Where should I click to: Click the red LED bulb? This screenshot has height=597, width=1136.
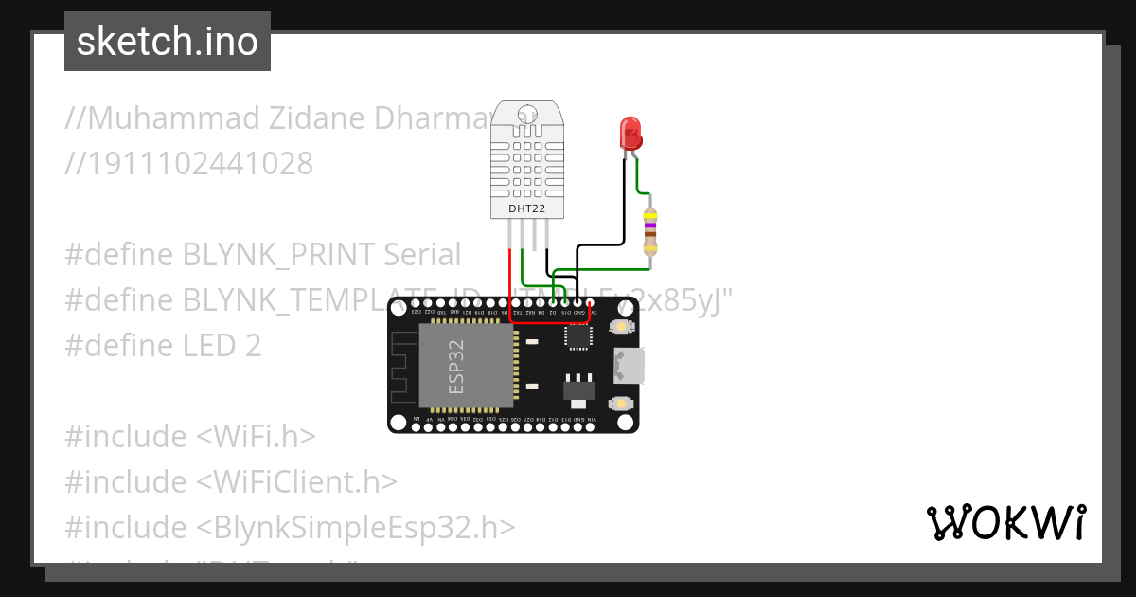click(630, 133)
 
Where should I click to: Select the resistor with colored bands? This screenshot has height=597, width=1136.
click(649, 230)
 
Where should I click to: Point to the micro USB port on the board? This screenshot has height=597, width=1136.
click(628, 366)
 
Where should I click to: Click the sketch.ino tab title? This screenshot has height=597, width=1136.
click(168, 42)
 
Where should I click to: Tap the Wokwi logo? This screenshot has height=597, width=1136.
click(1005, 522)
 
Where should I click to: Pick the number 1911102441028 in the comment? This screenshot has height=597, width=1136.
click(199, 164)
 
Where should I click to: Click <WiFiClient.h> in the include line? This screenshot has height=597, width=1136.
click(296, 482)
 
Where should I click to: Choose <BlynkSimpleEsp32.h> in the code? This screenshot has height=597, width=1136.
click(356, 528)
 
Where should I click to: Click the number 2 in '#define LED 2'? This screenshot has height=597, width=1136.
click(253, 346)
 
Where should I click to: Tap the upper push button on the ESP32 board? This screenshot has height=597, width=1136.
click(621, 327)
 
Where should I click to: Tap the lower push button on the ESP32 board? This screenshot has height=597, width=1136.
click(621, 404)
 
